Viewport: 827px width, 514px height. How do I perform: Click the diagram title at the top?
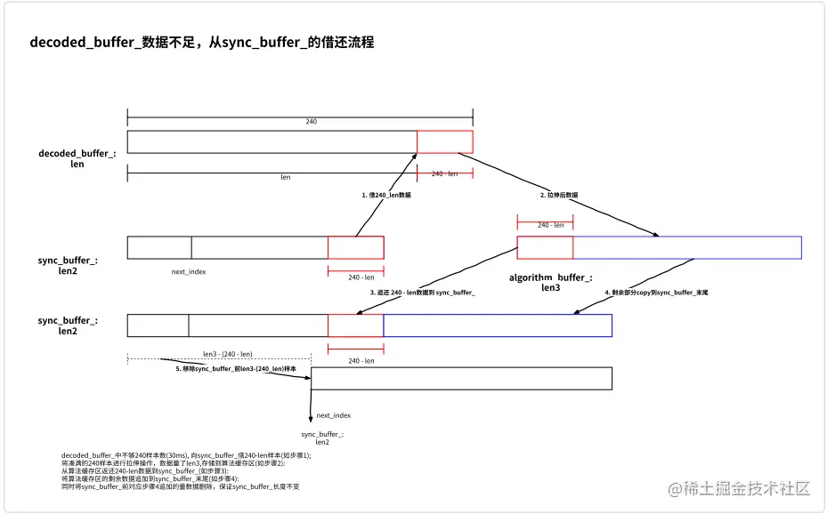pyautogui.click(x=202, y=42)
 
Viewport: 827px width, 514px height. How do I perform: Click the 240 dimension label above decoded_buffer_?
pyautogui.click(x=311, y=121)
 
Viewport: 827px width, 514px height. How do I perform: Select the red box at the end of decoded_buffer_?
pyautogui.click(x=444, y=141)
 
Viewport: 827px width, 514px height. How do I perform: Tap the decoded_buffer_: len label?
pyautogui.click(x=77, y=158)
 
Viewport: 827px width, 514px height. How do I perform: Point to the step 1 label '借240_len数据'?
pyautogui.click(x=385, y=194)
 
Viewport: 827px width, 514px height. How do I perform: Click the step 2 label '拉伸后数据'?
pyautogui.click(x=559, y=194)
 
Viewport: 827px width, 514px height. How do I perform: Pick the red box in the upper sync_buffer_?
pyautogui.click(x=355, y=247)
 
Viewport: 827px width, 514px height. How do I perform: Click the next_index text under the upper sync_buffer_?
pyautogui.click(x=189, y=271)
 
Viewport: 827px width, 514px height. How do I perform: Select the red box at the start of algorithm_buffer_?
pyautogui.click(x=545, y=247)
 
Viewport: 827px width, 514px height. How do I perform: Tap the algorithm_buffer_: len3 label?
pyautogui.click(x=550, y=283)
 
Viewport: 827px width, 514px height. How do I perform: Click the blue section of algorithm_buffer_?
pyautogui.click(x=686, y=247)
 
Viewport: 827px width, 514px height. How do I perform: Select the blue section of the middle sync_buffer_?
pyautogui.click(x=498, y=325)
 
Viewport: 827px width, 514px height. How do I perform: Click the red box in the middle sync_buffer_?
pyautogui.click(x=355, y=325)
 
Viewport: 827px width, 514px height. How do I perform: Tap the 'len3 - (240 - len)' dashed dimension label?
pyautogui.click(x=227, y=353)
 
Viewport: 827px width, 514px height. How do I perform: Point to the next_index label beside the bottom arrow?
pyautogui.click(x=333, y=415)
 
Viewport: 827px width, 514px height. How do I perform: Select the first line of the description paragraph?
pyautogui.click(x=186, y=455)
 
